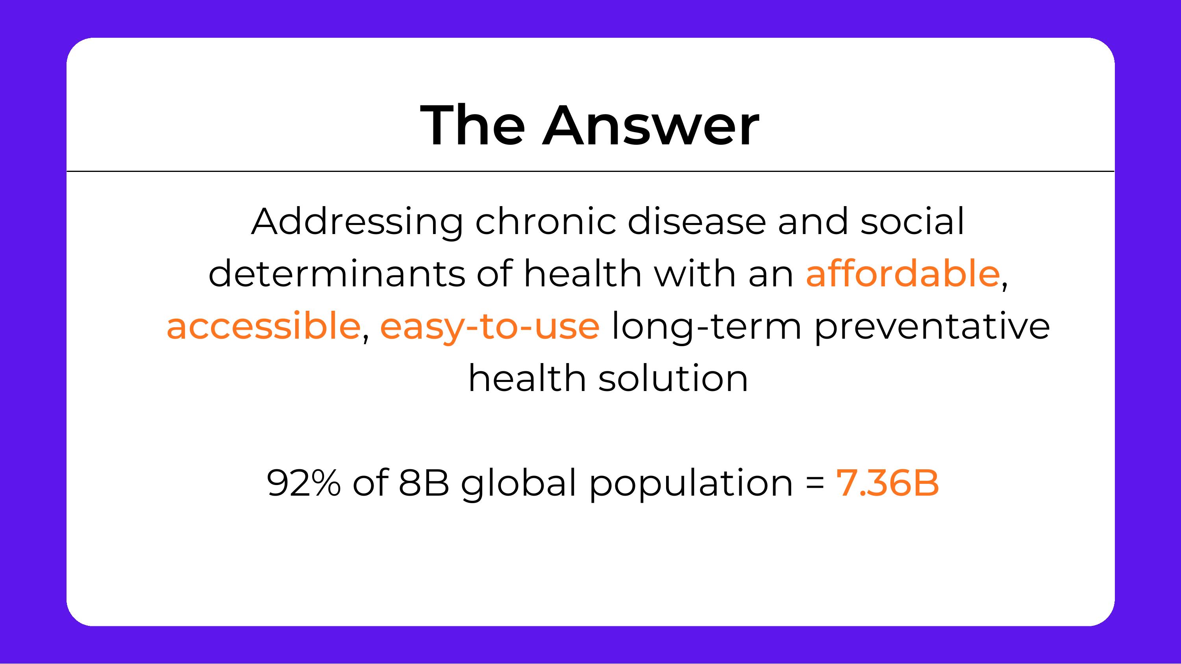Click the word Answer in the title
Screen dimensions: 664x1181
(x=651, y=125)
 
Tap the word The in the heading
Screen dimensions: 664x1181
(x=473, y=125)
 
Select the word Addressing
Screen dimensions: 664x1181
(x=357, y=222)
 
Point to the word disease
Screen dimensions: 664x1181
(x=696, y=222)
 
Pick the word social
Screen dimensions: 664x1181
(x=913, y=222)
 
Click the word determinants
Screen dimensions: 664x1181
(x=337, y=274)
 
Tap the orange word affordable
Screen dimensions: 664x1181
(x=902, y=274)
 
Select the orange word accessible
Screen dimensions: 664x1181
(x=263, y=326)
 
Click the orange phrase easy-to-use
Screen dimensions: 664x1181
(x=490, y=326)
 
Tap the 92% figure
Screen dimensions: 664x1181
(x=304, y=483)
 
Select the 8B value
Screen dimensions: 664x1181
(x=424, y=483)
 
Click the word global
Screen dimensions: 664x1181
(x=518, y=483)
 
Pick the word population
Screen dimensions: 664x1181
(x=691, y=483)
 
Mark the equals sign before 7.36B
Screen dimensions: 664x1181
(x=814, y=484)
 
